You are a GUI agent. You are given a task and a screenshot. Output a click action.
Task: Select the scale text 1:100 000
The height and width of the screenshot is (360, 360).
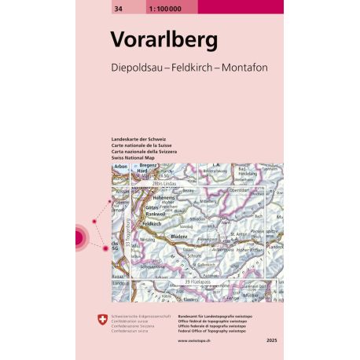point(152,6)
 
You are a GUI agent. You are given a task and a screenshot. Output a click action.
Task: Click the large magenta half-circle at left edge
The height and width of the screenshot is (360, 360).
point(79,237)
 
